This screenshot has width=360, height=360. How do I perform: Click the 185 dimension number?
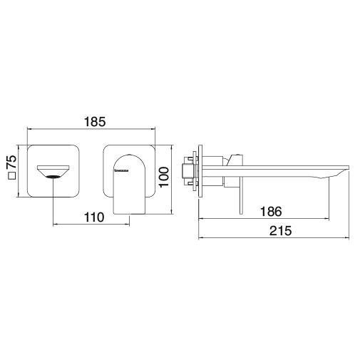92,122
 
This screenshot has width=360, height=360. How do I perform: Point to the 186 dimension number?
270,212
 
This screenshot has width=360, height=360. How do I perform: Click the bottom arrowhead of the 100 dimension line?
170,211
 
